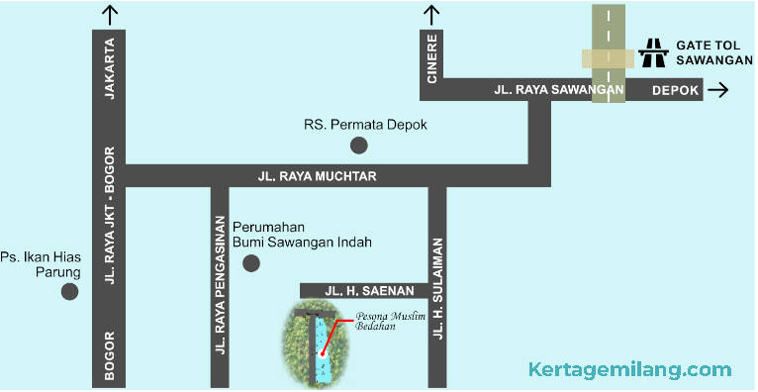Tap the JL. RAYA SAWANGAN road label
(558, 90)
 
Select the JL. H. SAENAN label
(362, 290)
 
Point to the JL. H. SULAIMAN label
(436, 287)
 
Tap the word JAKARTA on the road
(109, 71)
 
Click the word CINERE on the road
(432, 60)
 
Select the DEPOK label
(676, 91)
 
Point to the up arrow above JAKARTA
(109, 15)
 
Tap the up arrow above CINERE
(431, 15)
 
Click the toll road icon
(652, 52)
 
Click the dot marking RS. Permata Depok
(359, 146)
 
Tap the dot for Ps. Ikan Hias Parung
(69, 292)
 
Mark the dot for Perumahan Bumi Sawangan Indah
(251, 263)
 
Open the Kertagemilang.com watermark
(630, 370)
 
